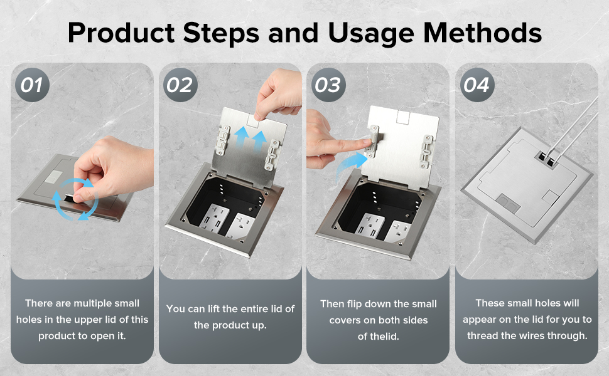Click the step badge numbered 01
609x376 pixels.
pos(32,85)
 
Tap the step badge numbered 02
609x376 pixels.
pos(180,85)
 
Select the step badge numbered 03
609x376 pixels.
pos(328,85)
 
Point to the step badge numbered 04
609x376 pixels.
pos(477,85)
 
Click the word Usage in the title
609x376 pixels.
pos(371,34)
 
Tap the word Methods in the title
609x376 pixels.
pos(482,33)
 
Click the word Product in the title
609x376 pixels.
pos(121,33)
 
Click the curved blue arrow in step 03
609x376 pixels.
pos(348,165)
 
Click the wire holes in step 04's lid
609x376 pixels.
pos(547,160)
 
